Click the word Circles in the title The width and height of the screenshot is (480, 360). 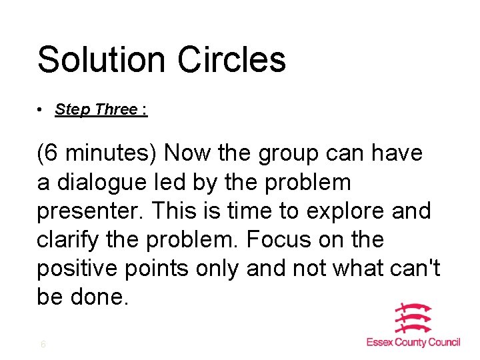(232, 59)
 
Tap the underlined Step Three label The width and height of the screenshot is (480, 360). (101, 109)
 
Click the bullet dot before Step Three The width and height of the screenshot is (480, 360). (41, 109)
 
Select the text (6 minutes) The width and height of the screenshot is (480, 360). (97, 154)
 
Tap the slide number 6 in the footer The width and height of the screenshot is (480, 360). (43, 345)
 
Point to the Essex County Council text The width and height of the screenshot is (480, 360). (413, 342)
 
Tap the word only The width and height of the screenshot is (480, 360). (216, 269)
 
